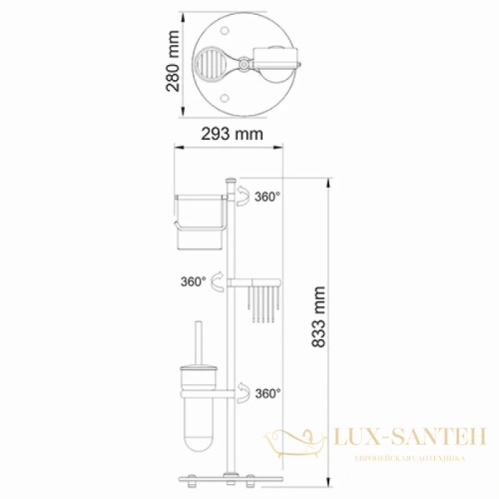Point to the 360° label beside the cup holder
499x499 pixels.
[268, 197]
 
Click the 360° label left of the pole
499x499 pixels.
[192, 281]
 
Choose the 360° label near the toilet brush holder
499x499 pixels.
[268, 393]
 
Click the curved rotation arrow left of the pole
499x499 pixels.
[216, 280]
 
